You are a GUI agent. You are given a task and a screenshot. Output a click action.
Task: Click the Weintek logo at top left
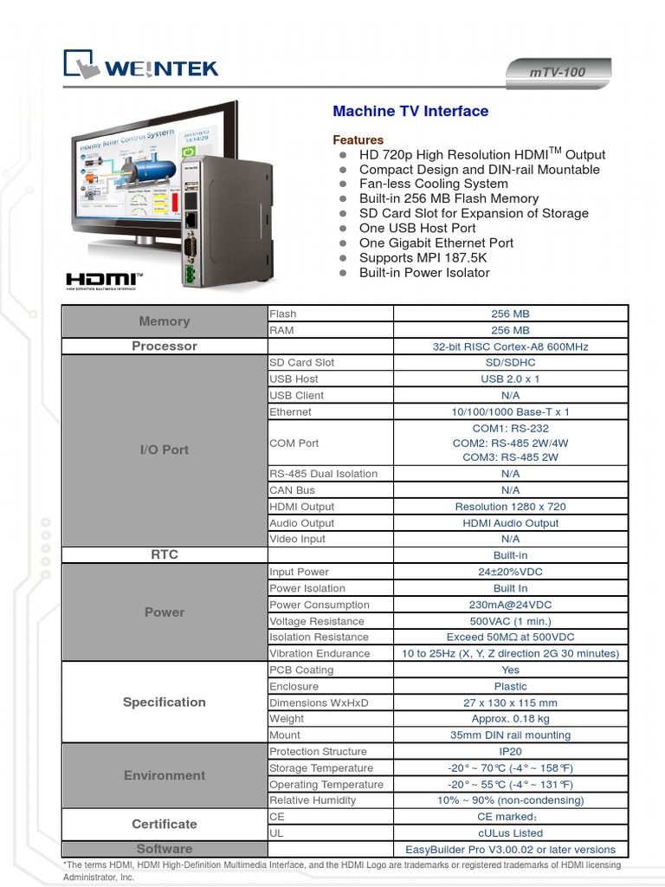140,66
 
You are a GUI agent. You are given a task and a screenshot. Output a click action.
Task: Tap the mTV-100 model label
557,72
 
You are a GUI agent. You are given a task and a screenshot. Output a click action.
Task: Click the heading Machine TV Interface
410,111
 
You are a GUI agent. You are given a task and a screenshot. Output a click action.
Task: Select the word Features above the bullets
358,139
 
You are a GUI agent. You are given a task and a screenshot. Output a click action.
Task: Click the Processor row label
165,346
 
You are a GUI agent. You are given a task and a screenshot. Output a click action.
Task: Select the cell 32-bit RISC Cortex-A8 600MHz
510,346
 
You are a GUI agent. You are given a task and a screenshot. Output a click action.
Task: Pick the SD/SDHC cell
510,362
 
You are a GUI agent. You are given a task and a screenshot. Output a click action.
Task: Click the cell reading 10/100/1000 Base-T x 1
510,411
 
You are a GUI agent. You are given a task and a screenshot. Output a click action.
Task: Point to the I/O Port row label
165,450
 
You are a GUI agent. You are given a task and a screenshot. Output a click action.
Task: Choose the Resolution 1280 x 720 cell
510,507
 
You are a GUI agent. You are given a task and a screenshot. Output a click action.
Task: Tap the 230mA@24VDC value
510,605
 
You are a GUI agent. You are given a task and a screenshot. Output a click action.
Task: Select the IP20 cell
510,751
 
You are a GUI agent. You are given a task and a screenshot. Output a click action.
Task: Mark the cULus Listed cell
510,832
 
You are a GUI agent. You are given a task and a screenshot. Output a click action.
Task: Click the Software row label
165,849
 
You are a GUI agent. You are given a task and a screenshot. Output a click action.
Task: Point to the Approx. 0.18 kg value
510,718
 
